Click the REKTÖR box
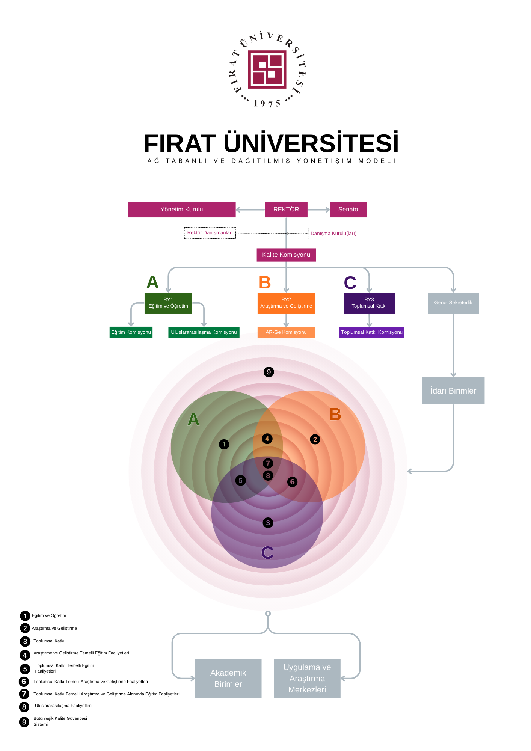(286, 210)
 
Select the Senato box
(348, 210)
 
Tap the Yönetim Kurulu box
(181, 210)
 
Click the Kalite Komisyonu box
(286, 255)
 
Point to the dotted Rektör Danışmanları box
(210, 233)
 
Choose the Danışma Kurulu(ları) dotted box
(333, 234)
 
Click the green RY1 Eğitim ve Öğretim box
(168, 303)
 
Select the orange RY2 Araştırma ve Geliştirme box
(286, 303)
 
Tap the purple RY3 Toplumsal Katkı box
(369, 303)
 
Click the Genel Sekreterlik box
(453, 303)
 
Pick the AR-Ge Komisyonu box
(286, 332)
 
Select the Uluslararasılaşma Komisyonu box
(204, 332)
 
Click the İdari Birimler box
(453, 391)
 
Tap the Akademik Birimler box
(228, 678)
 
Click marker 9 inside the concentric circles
(269, 372)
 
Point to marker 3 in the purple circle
(268, 523)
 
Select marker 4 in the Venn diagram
(267, 439)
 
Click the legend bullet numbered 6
(24, 682)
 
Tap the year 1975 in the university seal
(267, 104)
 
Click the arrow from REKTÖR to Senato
(318, 210)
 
